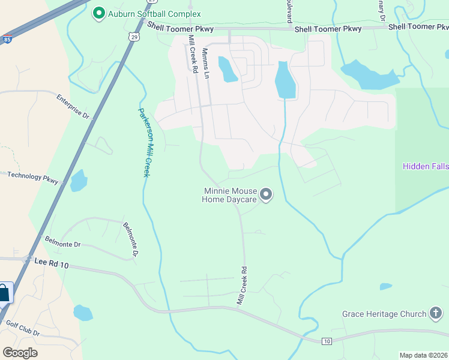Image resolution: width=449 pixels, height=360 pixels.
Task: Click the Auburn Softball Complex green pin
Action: click(98, 13)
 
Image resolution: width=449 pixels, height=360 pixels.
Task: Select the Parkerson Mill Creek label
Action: click(143, 142)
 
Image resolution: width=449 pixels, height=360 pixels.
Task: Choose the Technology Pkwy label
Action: click(33, 177)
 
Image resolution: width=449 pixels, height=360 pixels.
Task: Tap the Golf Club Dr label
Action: click(23, 328)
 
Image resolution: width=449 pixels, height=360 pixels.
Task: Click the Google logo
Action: click(20, 352)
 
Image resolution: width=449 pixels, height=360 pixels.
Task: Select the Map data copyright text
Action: click(423, 355)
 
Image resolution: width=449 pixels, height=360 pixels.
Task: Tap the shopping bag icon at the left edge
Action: click(4, 293)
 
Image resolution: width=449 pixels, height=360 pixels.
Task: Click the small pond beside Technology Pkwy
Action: click(79, 180)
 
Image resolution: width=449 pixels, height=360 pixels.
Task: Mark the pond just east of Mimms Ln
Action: click(227, 70)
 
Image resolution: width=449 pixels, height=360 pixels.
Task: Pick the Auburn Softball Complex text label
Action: click(154, 13)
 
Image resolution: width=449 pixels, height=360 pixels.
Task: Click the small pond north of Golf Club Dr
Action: click(83, 313)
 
